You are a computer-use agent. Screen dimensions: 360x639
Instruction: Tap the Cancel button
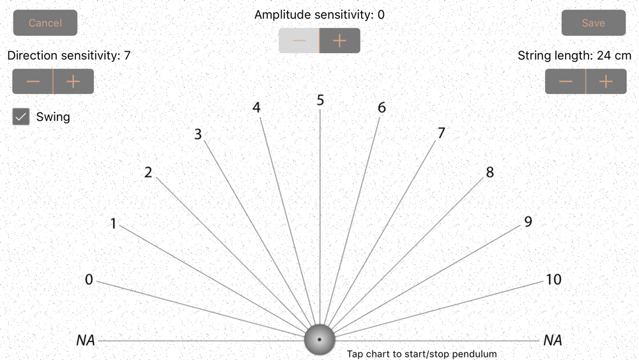point(45,23)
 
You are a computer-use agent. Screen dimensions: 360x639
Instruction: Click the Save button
point(593,23)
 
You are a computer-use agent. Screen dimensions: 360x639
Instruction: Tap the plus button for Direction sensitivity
point(73,82)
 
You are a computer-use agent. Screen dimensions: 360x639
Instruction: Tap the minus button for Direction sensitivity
point(33,82)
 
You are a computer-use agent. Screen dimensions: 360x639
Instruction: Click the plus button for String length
point(606,82)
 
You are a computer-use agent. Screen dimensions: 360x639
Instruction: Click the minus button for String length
point(566,82)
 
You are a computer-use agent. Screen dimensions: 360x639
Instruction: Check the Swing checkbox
point(22,117)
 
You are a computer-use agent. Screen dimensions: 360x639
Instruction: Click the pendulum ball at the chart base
point(319,339)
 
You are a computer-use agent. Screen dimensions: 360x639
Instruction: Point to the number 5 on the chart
point(320,100)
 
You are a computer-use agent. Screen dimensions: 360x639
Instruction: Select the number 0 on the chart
point(89,279)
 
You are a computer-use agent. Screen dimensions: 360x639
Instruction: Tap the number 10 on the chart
point(553,279)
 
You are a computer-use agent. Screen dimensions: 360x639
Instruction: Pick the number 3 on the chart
point(198,134)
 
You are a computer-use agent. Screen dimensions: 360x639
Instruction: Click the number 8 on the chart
point(490,172)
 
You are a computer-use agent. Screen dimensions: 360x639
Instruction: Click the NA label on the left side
point(86,340)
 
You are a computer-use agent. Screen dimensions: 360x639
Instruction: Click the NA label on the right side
point(553,340)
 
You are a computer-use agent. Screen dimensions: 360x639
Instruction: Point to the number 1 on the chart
point(113,224)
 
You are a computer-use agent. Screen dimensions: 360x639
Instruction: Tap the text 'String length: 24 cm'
point(574,56)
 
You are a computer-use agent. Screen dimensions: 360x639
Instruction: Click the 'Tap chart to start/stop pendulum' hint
point(422,354)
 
